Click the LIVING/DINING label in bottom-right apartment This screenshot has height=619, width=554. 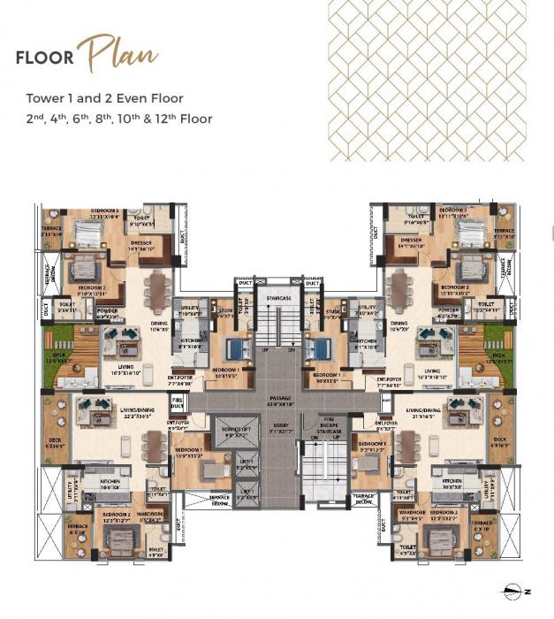click(x=423, y=411)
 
